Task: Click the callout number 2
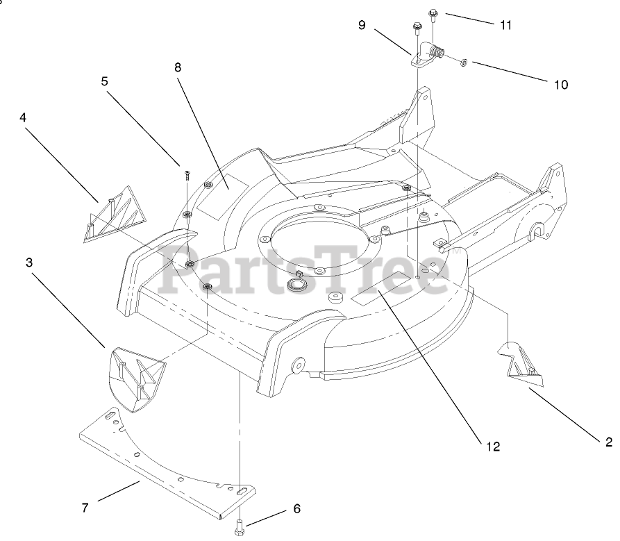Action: coord(609,441)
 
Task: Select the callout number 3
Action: coord(29,263)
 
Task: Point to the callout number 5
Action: coord(105,81)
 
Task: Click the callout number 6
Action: coord(296,508)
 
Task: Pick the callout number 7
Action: coord(85,508)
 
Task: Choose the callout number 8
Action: coord(178,67)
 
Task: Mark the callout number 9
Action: coord(362,25)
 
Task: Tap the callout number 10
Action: coord(560,85)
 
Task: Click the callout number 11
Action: coord(505,25)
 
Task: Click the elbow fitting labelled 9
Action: coord(428,55)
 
